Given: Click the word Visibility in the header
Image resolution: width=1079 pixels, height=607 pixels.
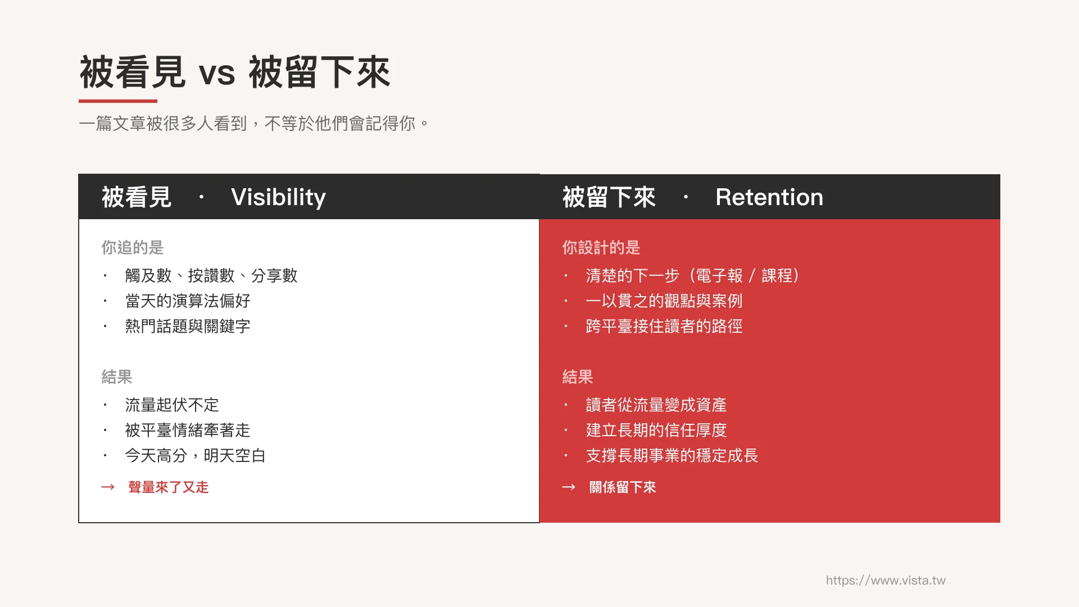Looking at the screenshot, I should tap(278, 197).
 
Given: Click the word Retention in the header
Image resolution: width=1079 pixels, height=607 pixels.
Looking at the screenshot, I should tap(769, 197).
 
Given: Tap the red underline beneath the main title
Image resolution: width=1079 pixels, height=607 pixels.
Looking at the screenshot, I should tap(118, 101).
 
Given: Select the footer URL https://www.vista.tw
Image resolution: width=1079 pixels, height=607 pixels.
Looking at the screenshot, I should tap(885, 580).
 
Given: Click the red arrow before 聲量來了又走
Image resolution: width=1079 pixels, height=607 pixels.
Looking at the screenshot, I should tap(108, 487).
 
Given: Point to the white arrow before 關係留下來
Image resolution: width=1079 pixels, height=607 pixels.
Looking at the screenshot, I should tap(569, 487).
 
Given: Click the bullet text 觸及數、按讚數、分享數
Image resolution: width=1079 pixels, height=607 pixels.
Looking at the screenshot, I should tap(211, 275).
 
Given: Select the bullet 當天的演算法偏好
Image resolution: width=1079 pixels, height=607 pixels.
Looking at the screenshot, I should tap(187, 301).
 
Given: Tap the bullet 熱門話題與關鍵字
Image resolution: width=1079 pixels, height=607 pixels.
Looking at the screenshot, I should tap(187, 326).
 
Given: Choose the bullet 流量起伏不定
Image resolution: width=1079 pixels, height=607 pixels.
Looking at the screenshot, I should tap(171, 405).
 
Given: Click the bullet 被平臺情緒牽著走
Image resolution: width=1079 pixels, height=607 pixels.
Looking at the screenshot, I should tap(187, 430).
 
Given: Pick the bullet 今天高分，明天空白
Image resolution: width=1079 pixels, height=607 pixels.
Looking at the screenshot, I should tap(195, 455).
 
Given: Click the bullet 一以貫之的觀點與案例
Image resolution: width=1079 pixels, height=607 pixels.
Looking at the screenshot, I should tap(664, 301).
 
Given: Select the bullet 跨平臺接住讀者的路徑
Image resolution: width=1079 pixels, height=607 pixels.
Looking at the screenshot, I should tap(664, 326).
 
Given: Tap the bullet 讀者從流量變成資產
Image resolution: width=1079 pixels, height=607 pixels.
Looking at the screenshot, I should tap(656, 405).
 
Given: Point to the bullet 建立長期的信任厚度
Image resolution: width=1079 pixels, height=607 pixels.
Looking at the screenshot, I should tap(656, 430).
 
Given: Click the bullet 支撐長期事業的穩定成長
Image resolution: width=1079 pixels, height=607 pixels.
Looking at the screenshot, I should tap(672, 455).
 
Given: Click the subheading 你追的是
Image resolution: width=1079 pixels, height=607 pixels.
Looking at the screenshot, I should tap(132, 247).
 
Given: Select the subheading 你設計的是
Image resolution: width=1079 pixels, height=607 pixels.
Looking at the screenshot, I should tap(601, 247).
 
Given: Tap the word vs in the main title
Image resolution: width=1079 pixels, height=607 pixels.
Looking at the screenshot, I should tap(217, 74).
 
